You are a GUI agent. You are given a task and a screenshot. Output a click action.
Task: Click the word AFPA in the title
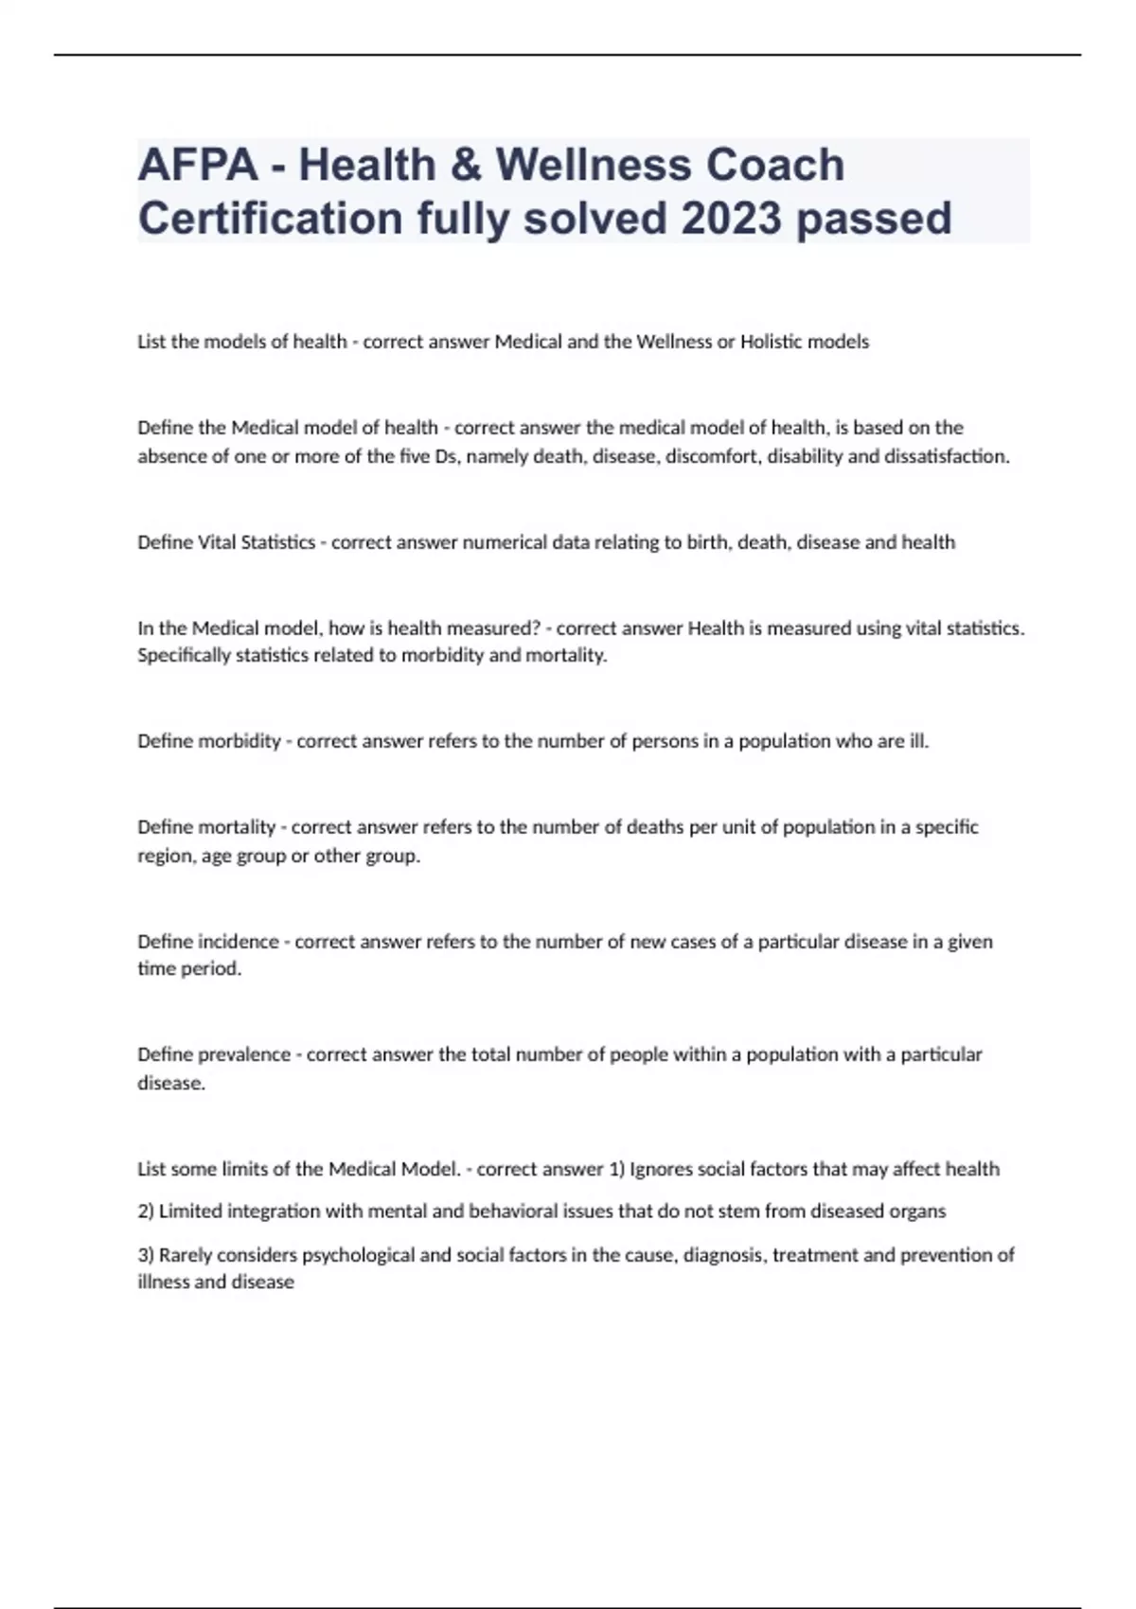(197, 165)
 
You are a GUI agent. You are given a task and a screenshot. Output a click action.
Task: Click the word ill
(918, 741)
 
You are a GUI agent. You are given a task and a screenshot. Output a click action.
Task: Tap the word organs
(917, 1211)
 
